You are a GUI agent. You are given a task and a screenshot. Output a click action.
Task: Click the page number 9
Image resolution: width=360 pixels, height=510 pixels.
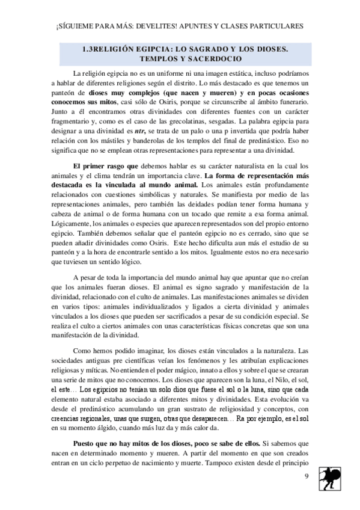pyautogui.click(x=307, y=477)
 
